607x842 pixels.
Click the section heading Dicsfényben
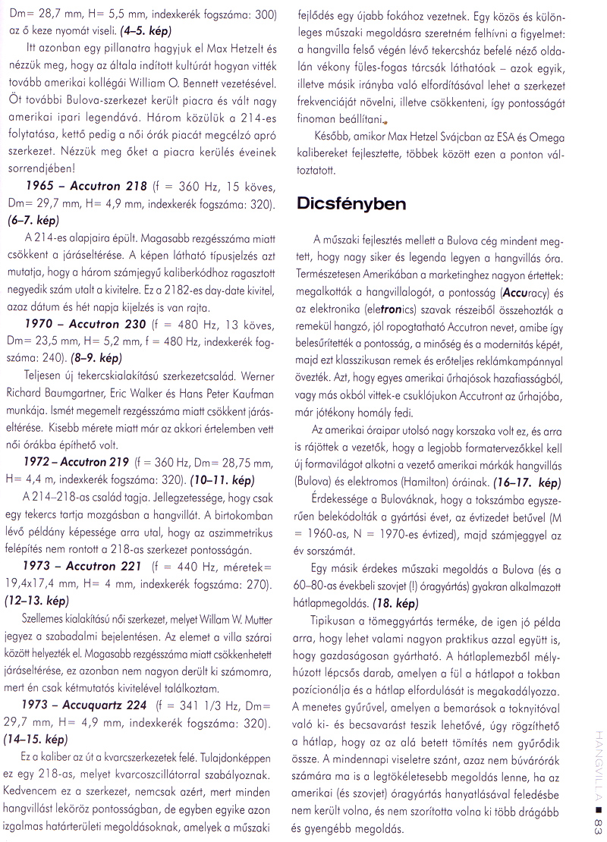[351, 204]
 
